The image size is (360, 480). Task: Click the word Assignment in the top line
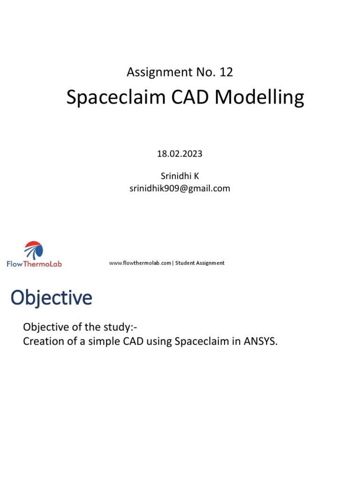coord(153,72)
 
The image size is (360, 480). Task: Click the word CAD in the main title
coord(184,97)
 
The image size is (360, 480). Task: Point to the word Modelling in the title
coord(259,97)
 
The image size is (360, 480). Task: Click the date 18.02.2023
coord(180,154)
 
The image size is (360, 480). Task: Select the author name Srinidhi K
coord(180,176)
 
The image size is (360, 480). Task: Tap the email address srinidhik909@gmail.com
coord(180,188)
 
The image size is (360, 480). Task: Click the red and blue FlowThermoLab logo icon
coord(34,250)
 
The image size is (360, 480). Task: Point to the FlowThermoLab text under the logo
coord(34,264)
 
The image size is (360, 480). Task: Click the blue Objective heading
coord(52,298)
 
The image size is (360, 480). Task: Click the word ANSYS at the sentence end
coord(260,341)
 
